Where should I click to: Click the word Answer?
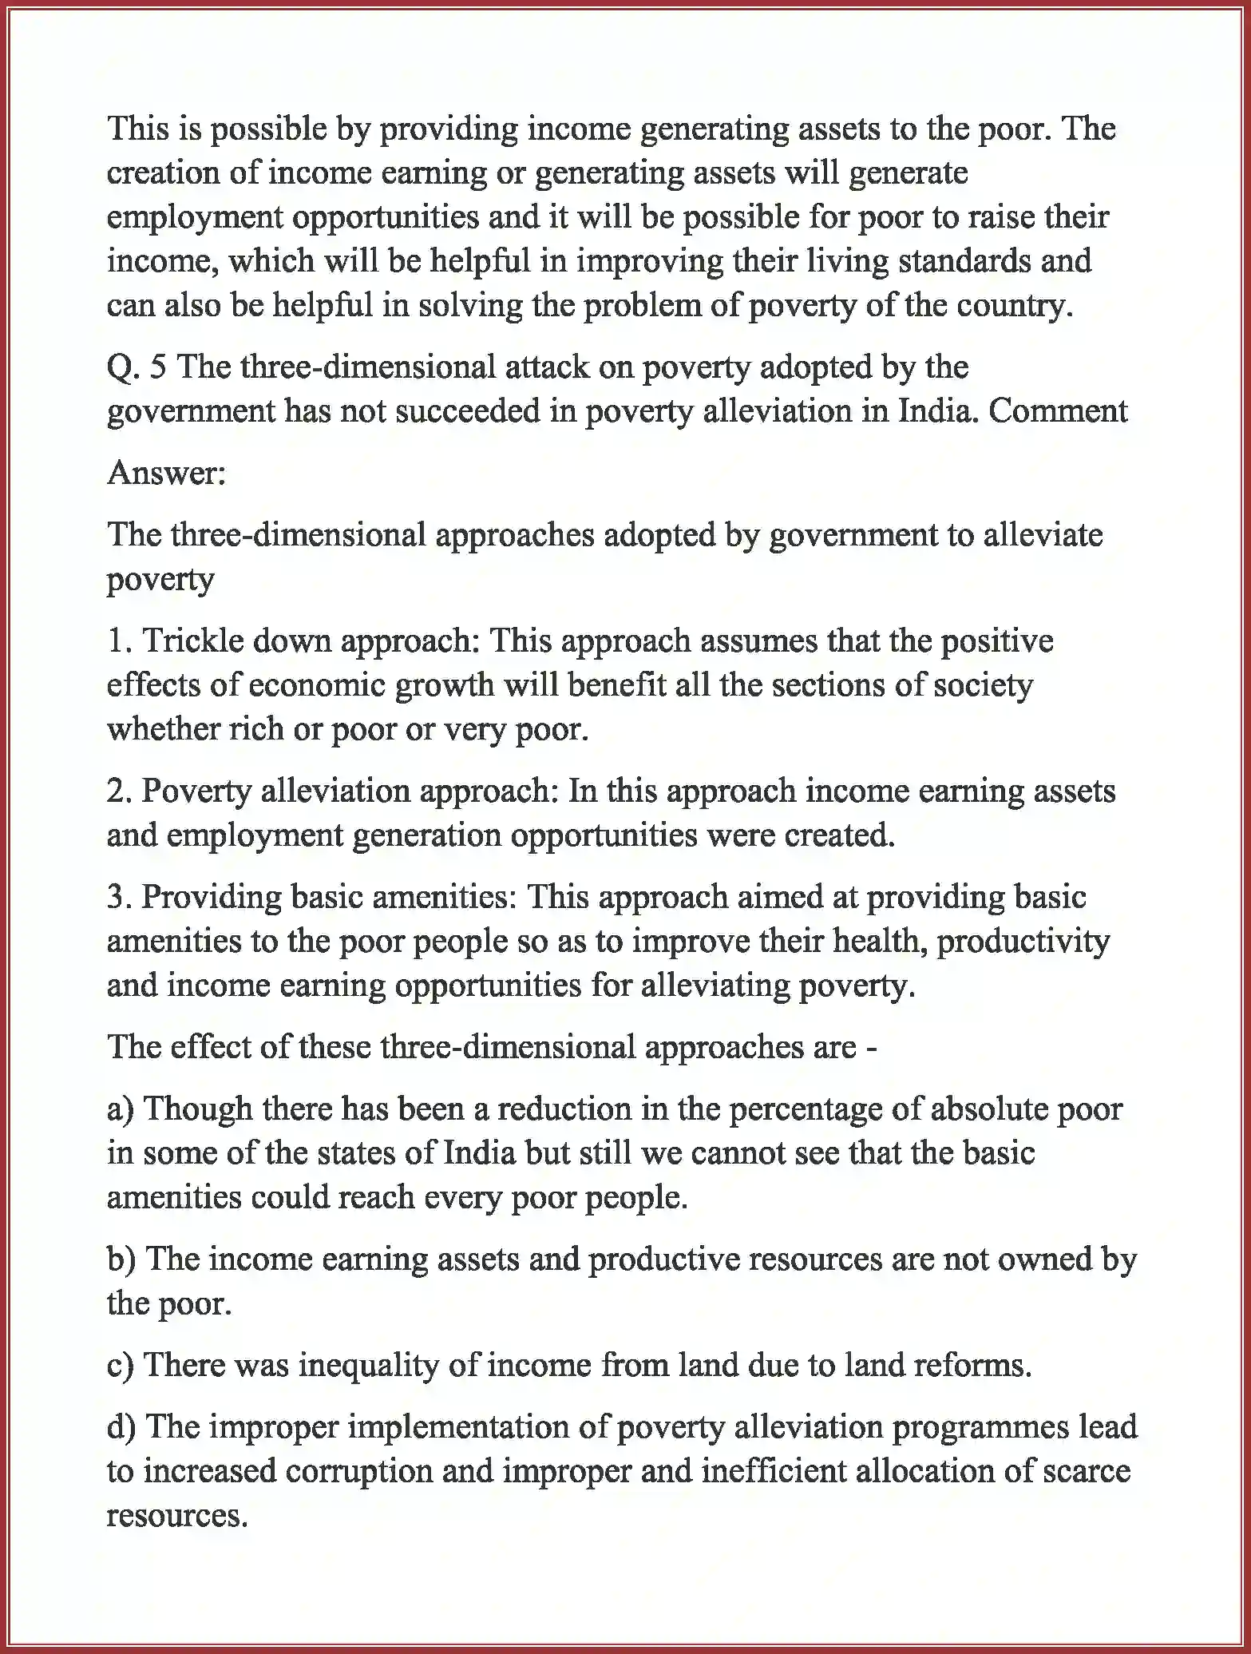[x=167, y=474]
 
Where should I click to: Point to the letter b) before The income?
[x=121, y=1259]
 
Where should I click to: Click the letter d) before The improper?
[x=121, y=1427]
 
